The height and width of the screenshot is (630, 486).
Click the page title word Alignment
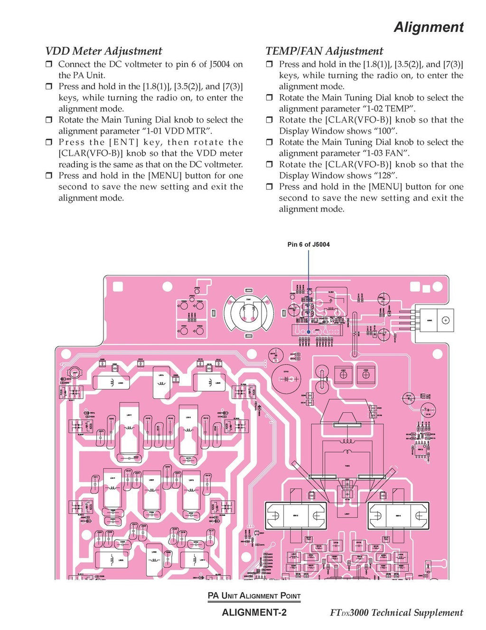(429, 27)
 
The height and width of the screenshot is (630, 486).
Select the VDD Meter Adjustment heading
(103, 51)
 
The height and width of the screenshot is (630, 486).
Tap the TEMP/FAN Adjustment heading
(324, 51)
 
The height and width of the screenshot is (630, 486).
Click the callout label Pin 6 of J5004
(308, 244)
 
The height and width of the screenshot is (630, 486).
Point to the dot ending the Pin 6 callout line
(309, 332)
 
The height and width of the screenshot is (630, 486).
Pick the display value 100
(384, 131)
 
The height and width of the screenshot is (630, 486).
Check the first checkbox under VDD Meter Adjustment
(48, 64)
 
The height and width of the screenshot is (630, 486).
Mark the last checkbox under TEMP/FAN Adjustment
(269, 187)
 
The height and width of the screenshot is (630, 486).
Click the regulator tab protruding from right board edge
(434, 321)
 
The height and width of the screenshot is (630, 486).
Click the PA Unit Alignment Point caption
(254, 596)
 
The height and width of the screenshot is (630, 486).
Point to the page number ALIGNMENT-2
(254, 612)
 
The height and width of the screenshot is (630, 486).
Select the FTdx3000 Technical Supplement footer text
(396, 612)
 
